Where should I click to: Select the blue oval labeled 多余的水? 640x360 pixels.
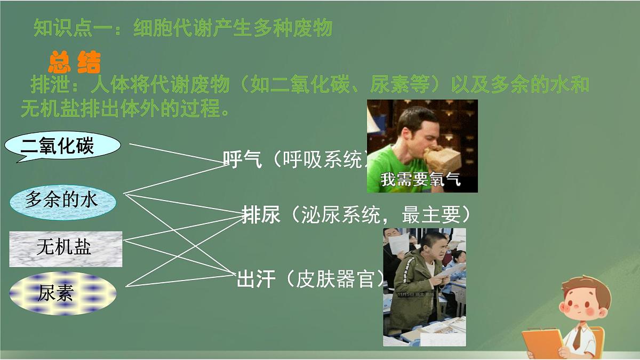coord(62,201)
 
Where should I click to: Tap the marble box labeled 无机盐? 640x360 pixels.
coord(65,248)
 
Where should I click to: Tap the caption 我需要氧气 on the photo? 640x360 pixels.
coord(420,180)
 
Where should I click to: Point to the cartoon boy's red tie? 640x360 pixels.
coord(577,337)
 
